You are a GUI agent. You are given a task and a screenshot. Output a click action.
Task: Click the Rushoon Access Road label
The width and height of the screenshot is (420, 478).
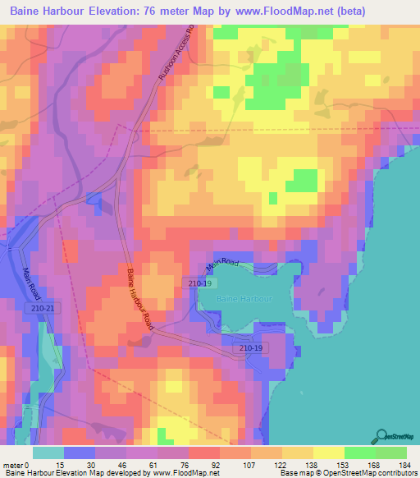177,54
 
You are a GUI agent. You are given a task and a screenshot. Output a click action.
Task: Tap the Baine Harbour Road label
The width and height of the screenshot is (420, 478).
139,301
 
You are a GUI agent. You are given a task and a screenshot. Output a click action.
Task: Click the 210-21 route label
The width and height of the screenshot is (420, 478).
47,308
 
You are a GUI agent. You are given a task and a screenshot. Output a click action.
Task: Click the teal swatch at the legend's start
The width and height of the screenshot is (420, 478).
48,453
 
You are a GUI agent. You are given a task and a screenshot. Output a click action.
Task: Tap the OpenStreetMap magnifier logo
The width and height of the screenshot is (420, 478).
381,435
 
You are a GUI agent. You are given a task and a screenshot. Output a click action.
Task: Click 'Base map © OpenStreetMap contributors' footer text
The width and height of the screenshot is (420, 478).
347,474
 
